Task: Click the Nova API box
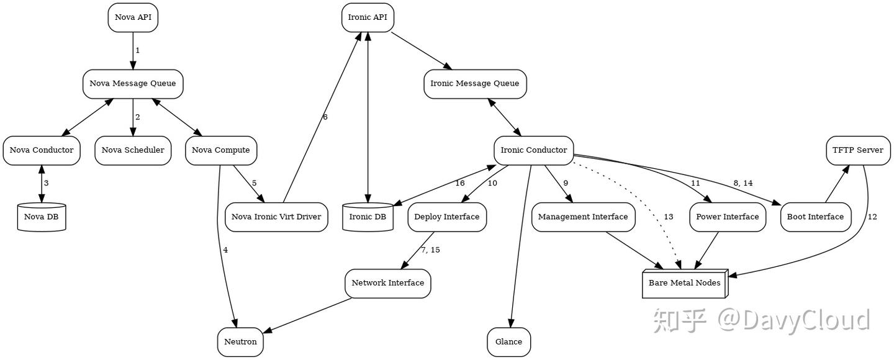click(133, 17)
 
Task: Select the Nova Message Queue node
click(133, 83)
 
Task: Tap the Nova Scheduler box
click(133, 150)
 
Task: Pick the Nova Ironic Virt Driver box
click(276, 217)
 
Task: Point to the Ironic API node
click(368, 17)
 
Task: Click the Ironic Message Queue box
click(476, 83)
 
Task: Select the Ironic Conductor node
click(533, 150)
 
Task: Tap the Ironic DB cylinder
click(368, 217)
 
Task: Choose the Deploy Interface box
click(447, 217)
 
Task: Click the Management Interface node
click(583, 217)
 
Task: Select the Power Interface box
click(727, 217)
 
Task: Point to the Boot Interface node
click(815, 217)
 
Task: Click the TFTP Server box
click(859, 150)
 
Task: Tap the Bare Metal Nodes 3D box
click(684, 284)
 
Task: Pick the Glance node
click(509, 342)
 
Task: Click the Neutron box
click(240, 342)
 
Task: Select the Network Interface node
click(388, 284)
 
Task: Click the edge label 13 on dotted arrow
click(668, 217)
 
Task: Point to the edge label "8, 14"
click(743, 184)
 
